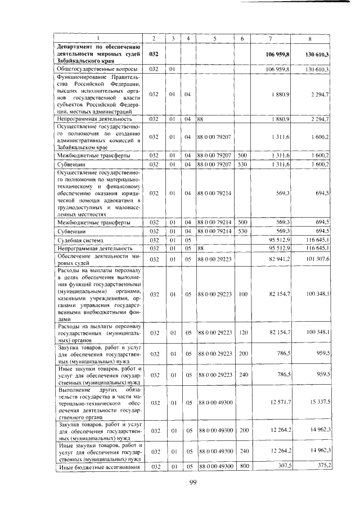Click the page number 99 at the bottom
pyautogui.click(x=192, y=483)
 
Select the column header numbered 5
pyautogui.click(x=214, y=38)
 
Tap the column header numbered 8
pyautogui.click(x=309, y=38)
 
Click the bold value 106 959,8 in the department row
pyautogui.click(x=277, y=55)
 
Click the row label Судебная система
pyautogui.click(x=76, y=239)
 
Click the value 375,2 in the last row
pyautogui.click(x=322, y=465)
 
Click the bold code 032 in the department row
pyautogui.click(x=155, y=55)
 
